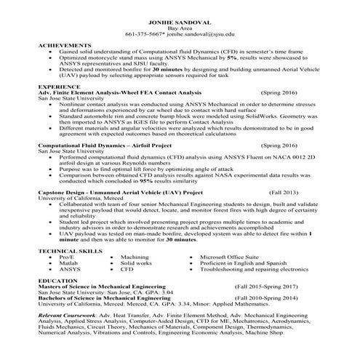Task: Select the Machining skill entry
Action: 135,257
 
